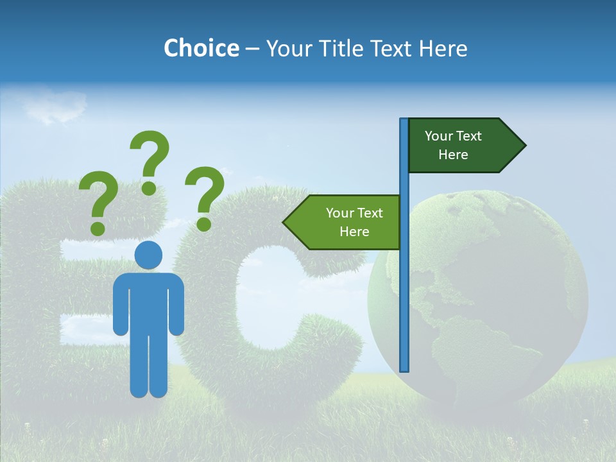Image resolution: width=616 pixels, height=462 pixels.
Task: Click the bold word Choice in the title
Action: [x=201, y=48]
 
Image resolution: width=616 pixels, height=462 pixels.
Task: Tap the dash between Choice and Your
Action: [x=252, y=49]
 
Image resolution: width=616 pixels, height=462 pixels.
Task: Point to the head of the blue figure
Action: [x=148, y=255]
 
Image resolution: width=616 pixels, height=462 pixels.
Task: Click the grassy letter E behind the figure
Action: [x=38, y=289]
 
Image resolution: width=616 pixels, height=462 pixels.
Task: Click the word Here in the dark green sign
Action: [x=453, y=155]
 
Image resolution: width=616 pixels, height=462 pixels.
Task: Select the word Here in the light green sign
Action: [x=354, y=232]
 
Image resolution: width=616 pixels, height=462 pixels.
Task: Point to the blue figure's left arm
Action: [x=121, y=308]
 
